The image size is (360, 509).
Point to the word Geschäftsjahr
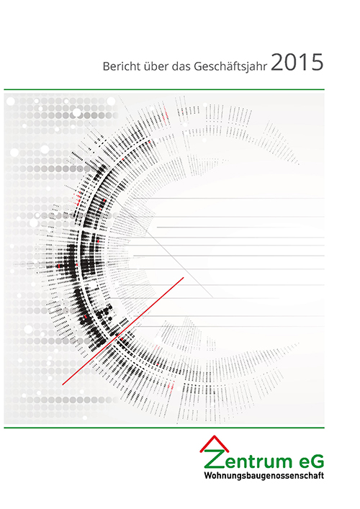(x=230, y=66)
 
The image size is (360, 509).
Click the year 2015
(x=297, y=63)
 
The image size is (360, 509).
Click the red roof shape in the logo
(x=215, y=444)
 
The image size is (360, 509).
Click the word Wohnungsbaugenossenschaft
(x=264, y=476)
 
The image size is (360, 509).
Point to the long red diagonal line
(x=123, y=331)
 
